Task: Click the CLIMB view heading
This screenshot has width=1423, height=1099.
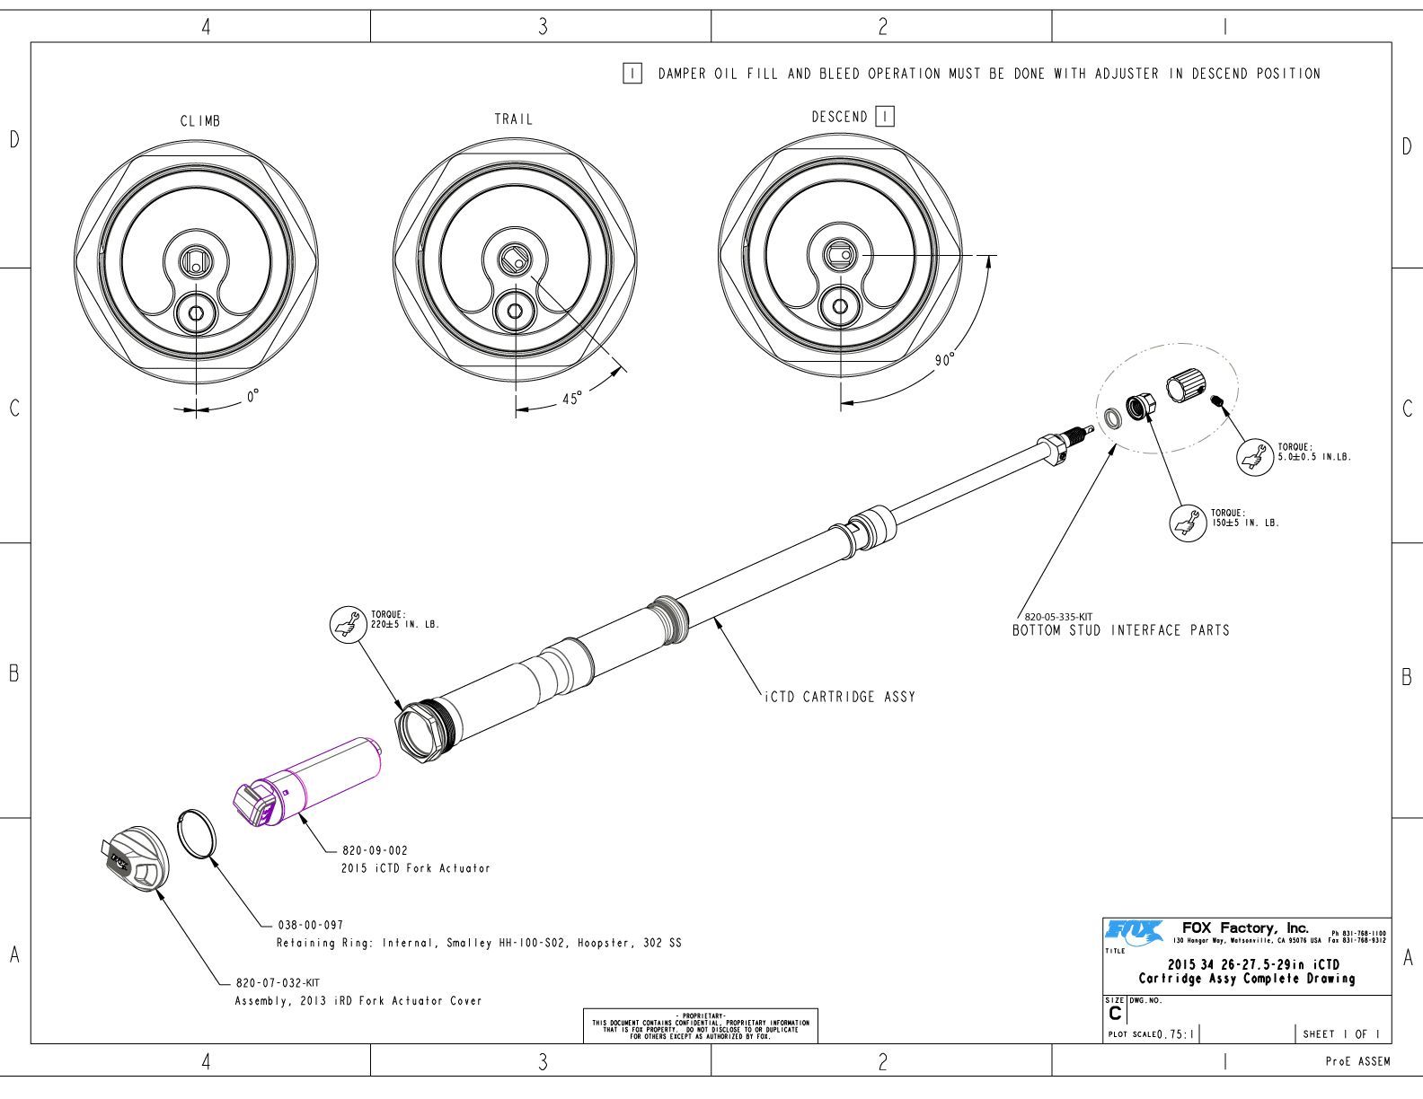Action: pos(199,121)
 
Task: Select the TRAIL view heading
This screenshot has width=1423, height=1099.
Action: pos(513,119)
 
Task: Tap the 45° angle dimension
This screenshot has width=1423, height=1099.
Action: pos(571,398)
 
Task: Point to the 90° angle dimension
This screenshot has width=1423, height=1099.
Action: pos(944,360)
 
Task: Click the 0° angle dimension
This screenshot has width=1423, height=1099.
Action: pos(253,396)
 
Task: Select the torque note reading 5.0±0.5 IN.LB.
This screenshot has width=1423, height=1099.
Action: pos(1313,452)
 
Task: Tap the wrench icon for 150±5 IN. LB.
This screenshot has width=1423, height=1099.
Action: pos(1188,522)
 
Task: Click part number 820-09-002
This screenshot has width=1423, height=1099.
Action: pos(375,850)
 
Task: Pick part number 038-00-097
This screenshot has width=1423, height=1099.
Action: pos(310,925)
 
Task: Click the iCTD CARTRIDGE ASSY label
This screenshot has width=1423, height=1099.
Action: pos(840,697)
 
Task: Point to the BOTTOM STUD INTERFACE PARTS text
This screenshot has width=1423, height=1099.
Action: pos(1120,630)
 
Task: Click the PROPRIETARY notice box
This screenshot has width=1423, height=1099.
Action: pos(701,1026)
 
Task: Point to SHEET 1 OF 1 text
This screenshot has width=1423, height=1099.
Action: pos(1340,1034)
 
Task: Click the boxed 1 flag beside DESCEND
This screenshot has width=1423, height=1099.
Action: pos(885,117)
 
